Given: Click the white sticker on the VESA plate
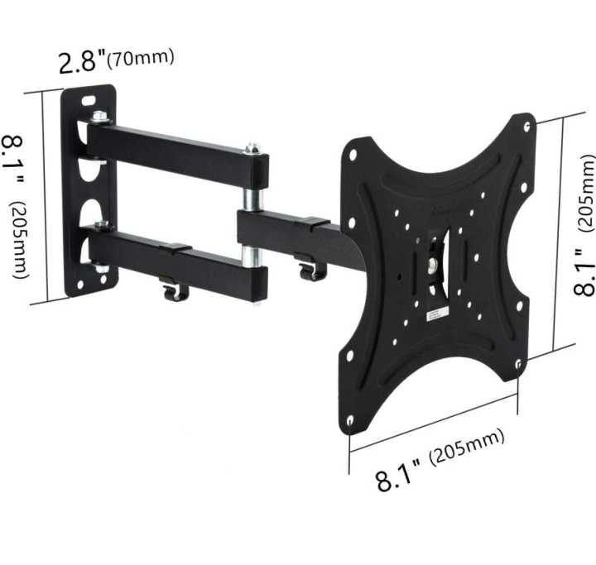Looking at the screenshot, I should (437, 314).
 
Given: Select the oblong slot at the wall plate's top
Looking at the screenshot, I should (88, 100).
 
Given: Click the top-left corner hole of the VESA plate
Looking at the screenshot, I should (353, 155).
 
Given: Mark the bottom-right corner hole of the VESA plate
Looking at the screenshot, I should (518, 364).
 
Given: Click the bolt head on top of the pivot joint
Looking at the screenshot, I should (252, 149).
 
